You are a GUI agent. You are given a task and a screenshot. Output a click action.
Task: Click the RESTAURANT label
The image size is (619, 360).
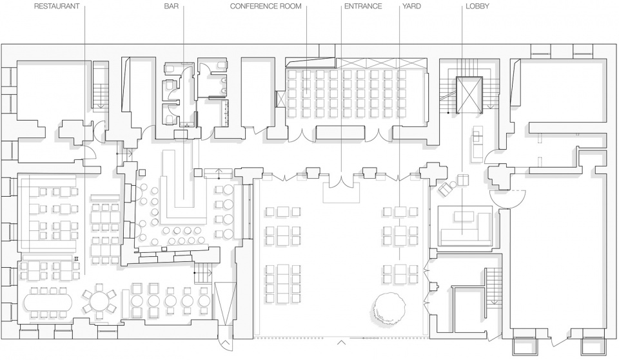[x=57, y=6]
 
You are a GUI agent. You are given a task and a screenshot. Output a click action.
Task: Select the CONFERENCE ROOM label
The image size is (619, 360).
[x=266, y=6]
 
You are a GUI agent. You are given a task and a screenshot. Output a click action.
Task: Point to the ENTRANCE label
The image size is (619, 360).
[x=363, y=6]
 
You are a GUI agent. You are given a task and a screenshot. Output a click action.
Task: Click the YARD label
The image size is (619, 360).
[x=412, y=6]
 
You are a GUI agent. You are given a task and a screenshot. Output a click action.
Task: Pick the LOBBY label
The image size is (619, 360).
[x=477, y=6]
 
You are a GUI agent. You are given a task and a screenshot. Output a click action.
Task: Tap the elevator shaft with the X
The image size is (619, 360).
[x=469, y=95]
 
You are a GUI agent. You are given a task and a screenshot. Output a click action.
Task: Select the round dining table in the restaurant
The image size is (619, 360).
[x=99, y=301]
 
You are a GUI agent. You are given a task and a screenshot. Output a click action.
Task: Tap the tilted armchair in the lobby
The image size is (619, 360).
[x=446, y=189]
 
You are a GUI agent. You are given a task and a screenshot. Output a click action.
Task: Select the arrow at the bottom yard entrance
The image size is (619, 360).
[x=342, y=342]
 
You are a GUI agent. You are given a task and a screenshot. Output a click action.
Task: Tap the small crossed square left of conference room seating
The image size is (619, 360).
[x=280, y=99]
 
